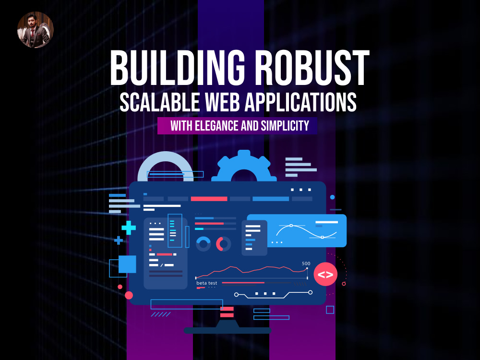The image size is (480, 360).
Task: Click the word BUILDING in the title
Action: (x=178, y=68)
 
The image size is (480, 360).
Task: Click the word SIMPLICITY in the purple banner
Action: (x=285, y=125)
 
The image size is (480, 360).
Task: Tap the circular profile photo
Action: (x=36, y=30)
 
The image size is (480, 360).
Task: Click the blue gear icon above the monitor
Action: (x=244, y=166)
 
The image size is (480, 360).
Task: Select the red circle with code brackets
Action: (x=325, y=274)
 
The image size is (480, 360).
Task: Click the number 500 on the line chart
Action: (x=306, y=264)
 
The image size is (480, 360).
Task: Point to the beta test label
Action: (x=206, y=283)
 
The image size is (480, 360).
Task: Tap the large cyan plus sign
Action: (x=129, y=228)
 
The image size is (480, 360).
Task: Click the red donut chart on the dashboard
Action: (x=224, y=244)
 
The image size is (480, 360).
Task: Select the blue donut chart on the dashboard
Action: (x=203, y=244)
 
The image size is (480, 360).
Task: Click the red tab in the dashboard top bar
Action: (x=209, y=199)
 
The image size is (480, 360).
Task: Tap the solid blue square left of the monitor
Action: (x=127, y=264)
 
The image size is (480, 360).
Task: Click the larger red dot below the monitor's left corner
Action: (x=129, y=295)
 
